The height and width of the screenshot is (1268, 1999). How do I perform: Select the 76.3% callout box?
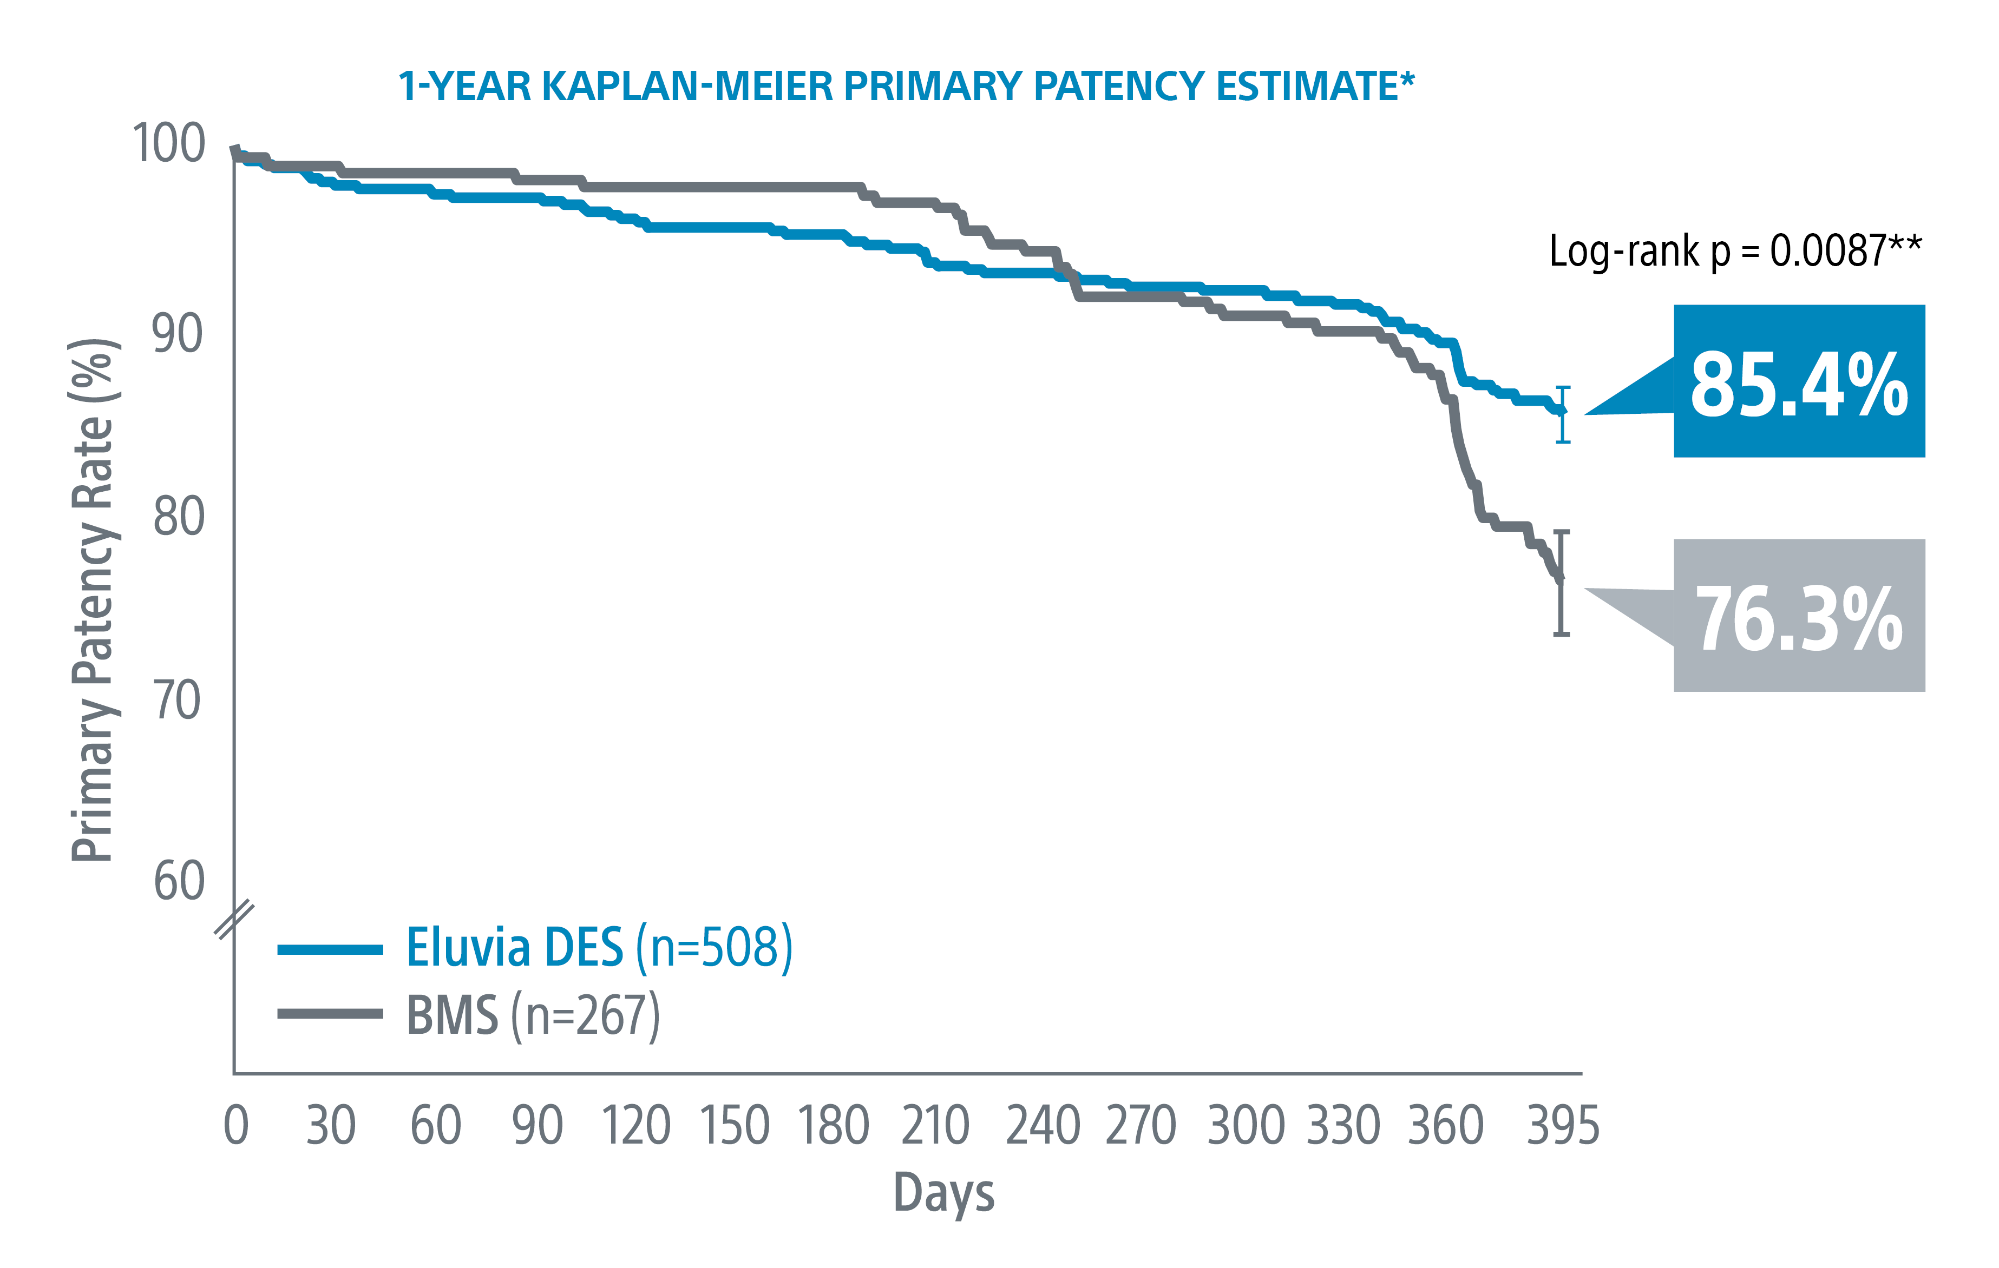point(1798,616)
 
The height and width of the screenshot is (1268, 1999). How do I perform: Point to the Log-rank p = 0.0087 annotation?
point(1735,250)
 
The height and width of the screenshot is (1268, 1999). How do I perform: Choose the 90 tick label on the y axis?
point(177,334)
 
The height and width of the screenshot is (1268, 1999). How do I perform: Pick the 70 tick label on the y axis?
point(177,701)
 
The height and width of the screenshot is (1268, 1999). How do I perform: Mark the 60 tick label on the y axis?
point(179,881)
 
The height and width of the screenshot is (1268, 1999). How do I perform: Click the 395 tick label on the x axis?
point(1562,1126)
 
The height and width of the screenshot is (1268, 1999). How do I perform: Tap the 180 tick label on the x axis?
point(834,1126)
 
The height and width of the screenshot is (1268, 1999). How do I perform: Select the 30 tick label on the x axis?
point(330,1126)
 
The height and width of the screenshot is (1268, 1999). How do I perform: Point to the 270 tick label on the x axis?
point(1141,1126)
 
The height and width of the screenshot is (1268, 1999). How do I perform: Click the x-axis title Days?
point(944,1193)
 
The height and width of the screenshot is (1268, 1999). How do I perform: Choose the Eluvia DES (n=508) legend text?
point(599,948)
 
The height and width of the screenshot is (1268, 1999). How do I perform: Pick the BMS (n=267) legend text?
point(533,1015)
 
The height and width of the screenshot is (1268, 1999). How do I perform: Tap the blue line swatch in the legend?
point(330,949)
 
